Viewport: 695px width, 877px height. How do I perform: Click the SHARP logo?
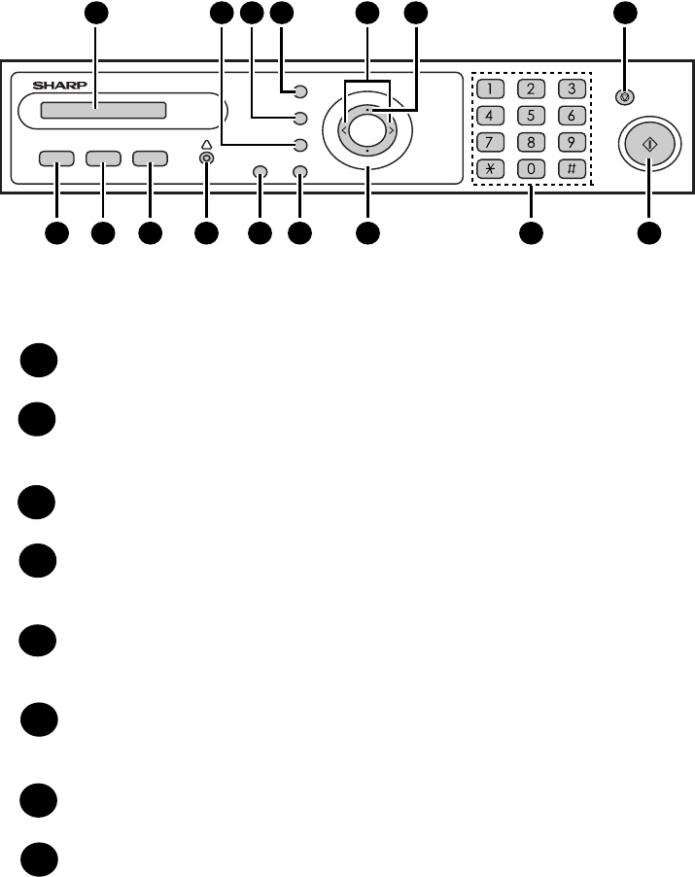coord(60,85)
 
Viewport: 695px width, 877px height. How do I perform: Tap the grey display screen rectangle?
coord(103,110)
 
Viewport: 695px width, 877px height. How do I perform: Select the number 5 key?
coord(531,116)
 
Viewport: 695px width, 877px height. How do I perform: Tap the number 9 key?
coord(572,142)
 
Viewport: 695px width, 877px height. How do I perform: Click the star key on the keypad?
coord(490,169)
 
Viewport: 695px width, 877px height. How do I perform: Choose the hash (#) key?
coord(572,169)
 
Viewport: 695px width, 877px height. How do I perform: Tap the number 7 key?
coord(490,142)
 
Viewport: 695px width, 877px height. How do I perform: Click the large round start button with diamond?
coord(649,145)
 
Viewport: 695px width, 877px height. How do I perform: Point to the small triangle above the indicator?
coord(206,145)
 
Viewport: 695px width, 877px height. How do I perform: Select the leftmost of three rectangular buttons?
coord(56,158)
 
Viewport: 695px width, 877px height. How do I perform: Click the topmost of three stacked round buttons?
coord(300,91)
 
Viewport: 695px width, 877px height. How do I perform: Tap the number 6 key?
coord(572,116)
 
